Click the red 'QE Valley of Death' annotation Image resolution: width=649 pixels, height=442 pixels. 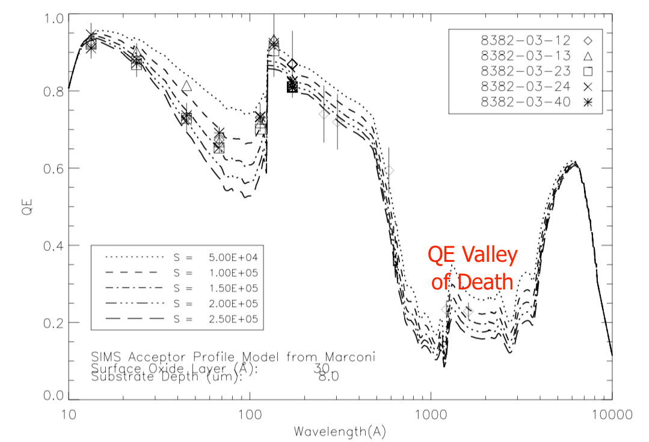coord(472,268)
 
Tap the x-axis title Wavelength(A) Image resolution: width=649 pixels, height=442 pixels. coord(340,431)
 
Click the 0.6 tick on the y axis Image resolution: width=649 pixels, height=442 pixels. coord(54,168)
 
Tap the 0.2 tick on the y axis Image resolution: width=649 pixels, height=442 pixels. coord(54,322)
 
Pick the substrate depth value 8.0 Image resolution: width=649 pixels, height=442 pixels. coord(328,377)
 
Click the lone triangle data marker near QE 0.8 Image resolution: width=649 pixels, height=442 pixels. coord(186,86)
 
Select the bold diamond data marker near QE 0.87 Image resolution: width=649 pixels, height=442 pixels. coord(292,64)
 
